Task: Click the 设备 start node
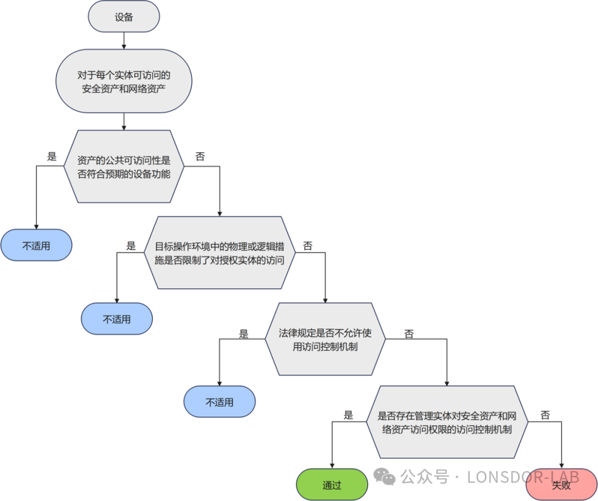point(124,17)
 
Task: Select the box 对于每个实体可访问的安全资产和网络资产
point(124,81)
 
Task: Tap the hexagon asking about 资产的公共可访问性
point(124,166)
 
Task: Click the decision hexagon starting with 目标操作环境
point(220,253)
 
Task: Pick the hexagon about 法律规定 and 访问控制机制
point(325,339)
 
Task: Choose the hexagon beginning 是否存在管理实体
point(447,422)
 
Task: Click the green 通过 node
point(332,485)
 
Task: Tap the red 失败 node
point(561,485)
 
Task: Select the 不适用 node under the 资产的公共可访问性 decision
point(36,245)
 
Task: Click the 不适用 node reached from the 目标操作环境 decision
point(117,319)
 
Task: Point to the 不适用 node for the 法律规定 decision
point(219,402)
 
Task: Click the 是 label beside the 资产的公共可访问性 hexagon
point(52,157)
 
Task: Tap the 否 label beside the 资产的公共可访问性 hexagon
point(200,157)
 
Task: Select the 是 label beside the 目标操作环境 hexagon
point(131,246)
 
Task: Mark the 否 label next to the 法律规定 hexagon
point(409,334)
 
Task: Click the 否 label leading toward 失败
point(545,415)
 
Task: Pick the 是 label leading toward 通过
point(348,415)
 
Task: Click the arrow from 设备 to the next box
point(124,40)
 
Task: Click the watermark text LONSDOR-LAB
point(523,477)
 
